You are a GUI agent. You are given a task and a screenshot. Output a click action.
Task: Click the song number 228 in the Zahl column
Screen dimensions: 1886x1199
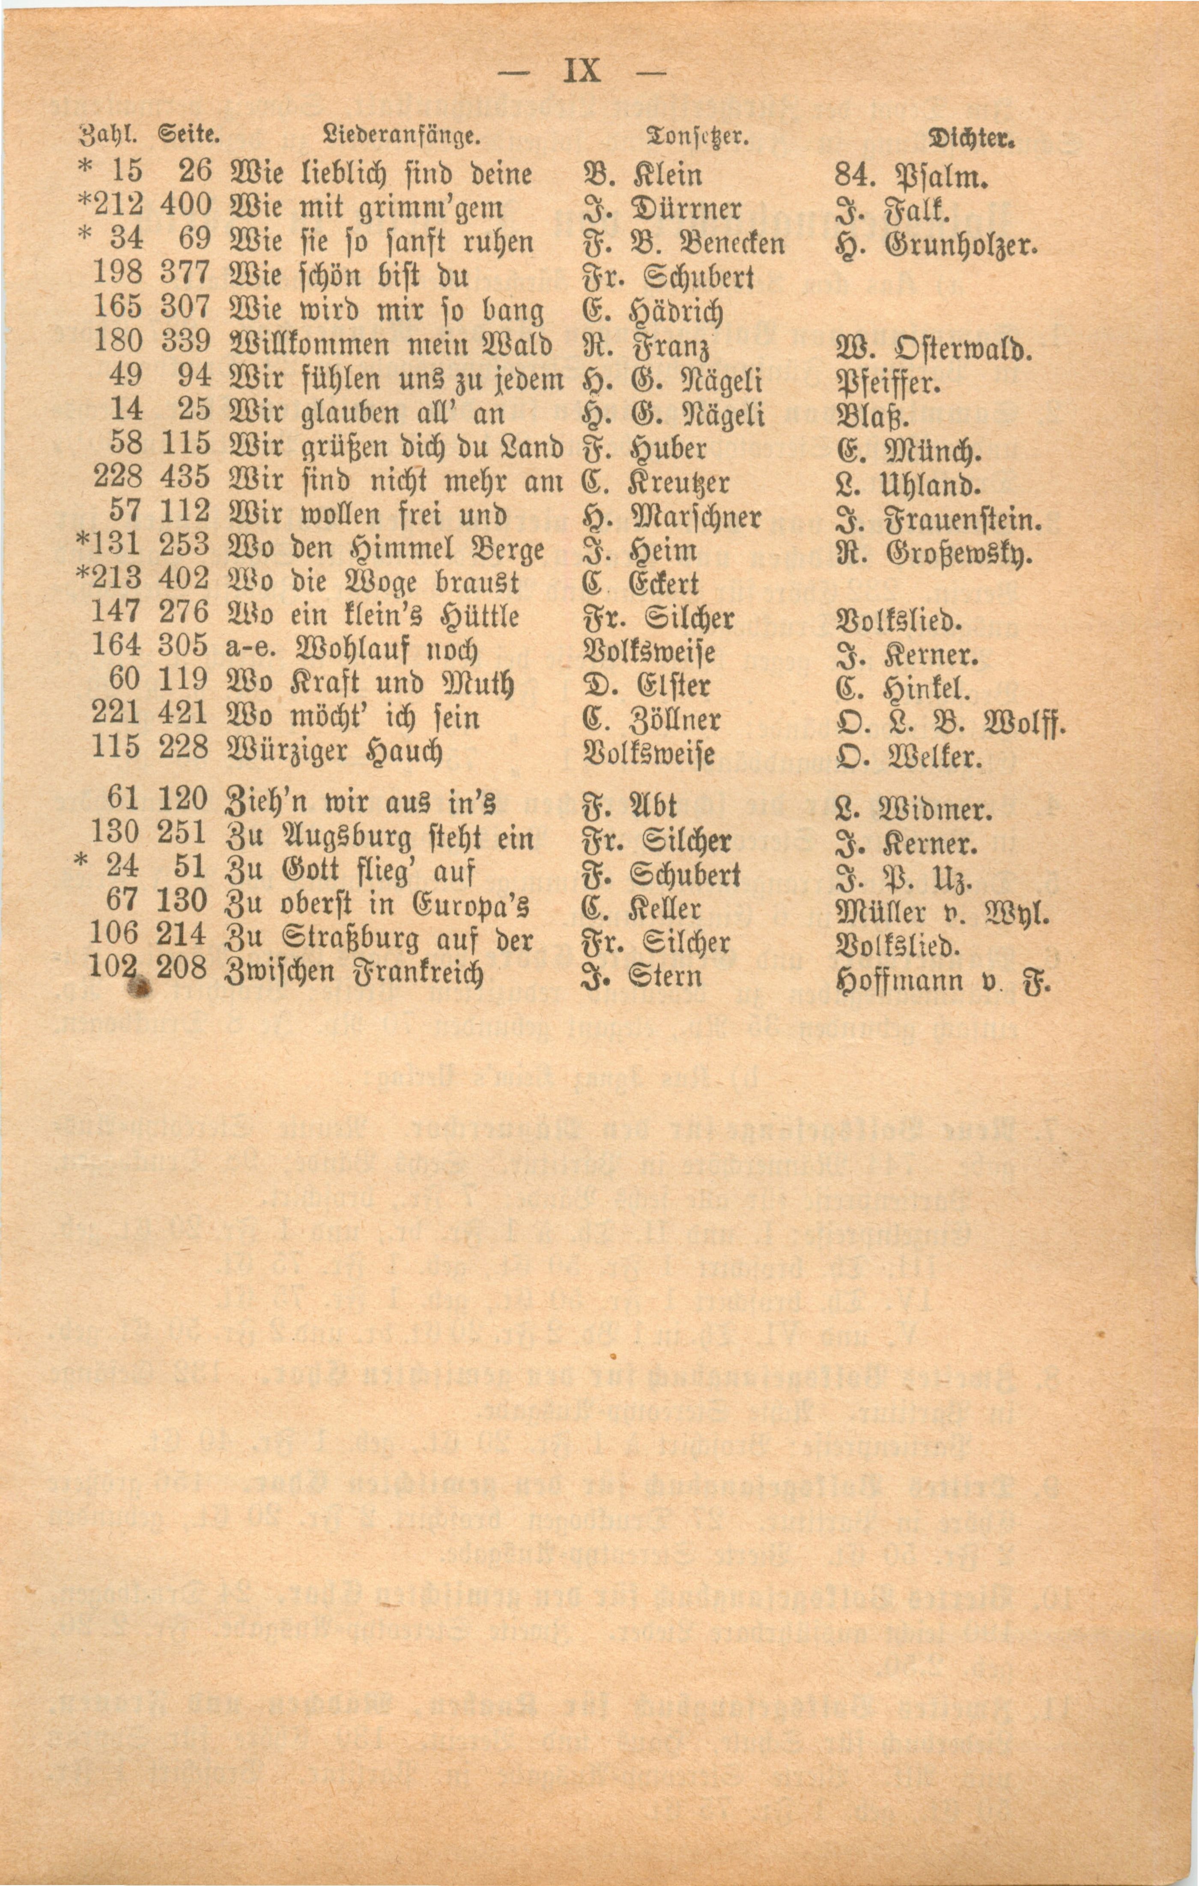tap(118, 475)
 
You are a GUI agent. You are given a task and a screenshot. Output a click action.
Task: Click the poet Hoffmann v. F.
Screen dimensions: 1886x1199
tap(943, 979)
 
